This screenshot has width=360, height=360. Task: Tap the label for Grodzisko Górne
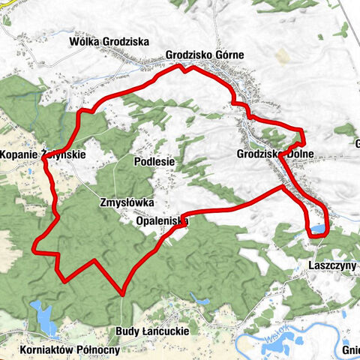(205, 55)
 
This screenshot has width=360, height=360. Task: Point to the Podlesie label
(154, 160)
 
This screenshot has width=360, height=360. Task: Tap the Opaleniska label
(162, 221)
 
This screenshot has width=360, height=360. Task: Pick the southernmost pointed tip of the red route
(121, 292)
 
